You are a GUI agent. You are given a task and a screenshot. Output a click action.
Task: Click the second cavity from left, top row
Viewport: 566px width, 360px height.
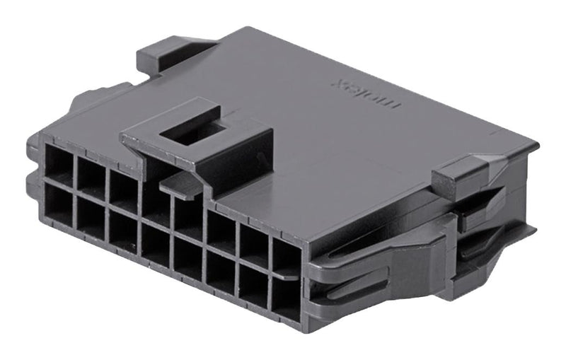coord(91,178)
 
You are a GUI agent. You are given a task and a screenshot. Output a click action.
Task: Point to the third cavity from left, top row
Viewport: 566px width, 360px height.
coord(123,190)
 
